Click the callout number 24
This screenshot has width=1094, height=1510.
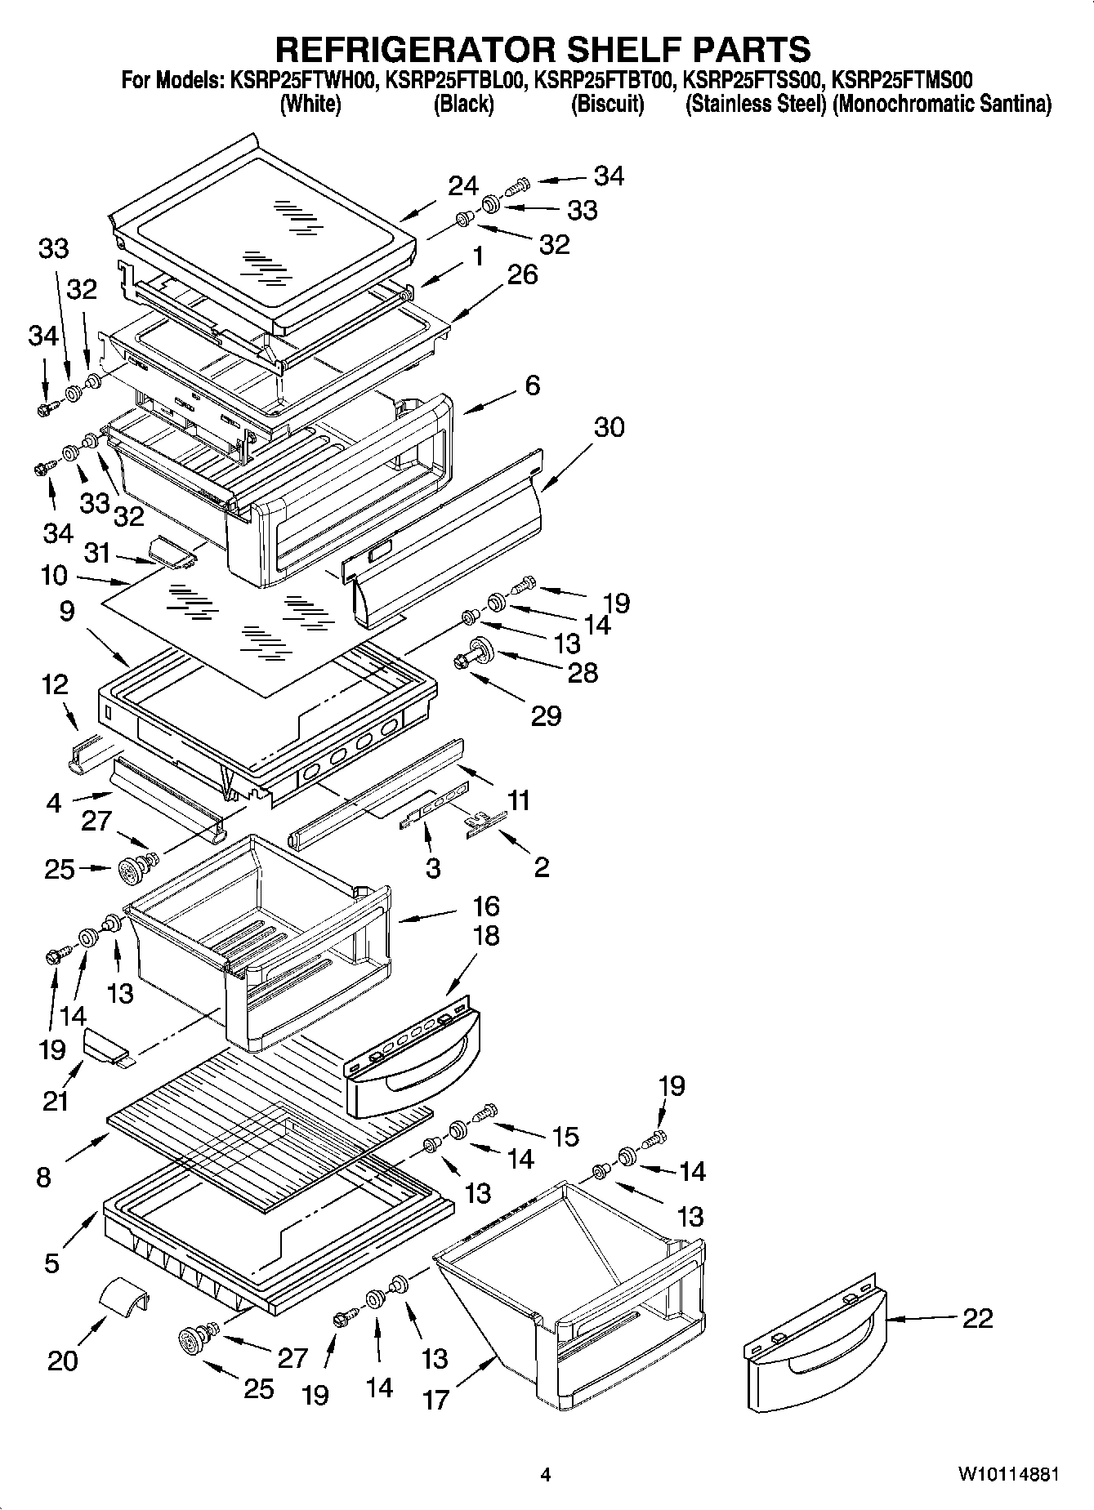[x=462, y=187]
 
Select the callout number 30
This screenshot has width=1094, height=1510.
[x=609, y=427]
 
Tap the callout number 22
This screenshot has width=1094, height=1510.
[x=977, y=1318]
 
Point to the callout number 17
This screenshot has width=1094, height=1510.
[x=435, y=1400]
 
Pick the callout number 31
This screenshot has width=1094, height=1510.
[x=96, y=554]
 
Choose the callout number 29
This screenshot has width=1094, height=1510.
[x=546, y=716]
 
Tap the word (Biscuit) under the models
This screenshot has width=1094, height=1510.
[x=607, y=105]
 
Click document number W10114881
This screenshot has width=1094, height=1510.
[x=1009, y=1474]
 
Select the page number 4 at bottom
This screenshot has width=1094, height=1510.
[x=546, y=1475]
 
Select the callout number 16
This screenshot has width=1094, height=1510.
[x=485, y=906]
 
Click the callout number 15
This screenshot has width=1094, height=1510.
[x=565, y=1137]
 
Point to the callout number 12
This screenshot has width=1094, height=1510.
[x=55, y=684]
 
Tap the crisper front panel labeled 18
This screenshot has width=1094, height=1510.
[x=413, y=1062]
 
